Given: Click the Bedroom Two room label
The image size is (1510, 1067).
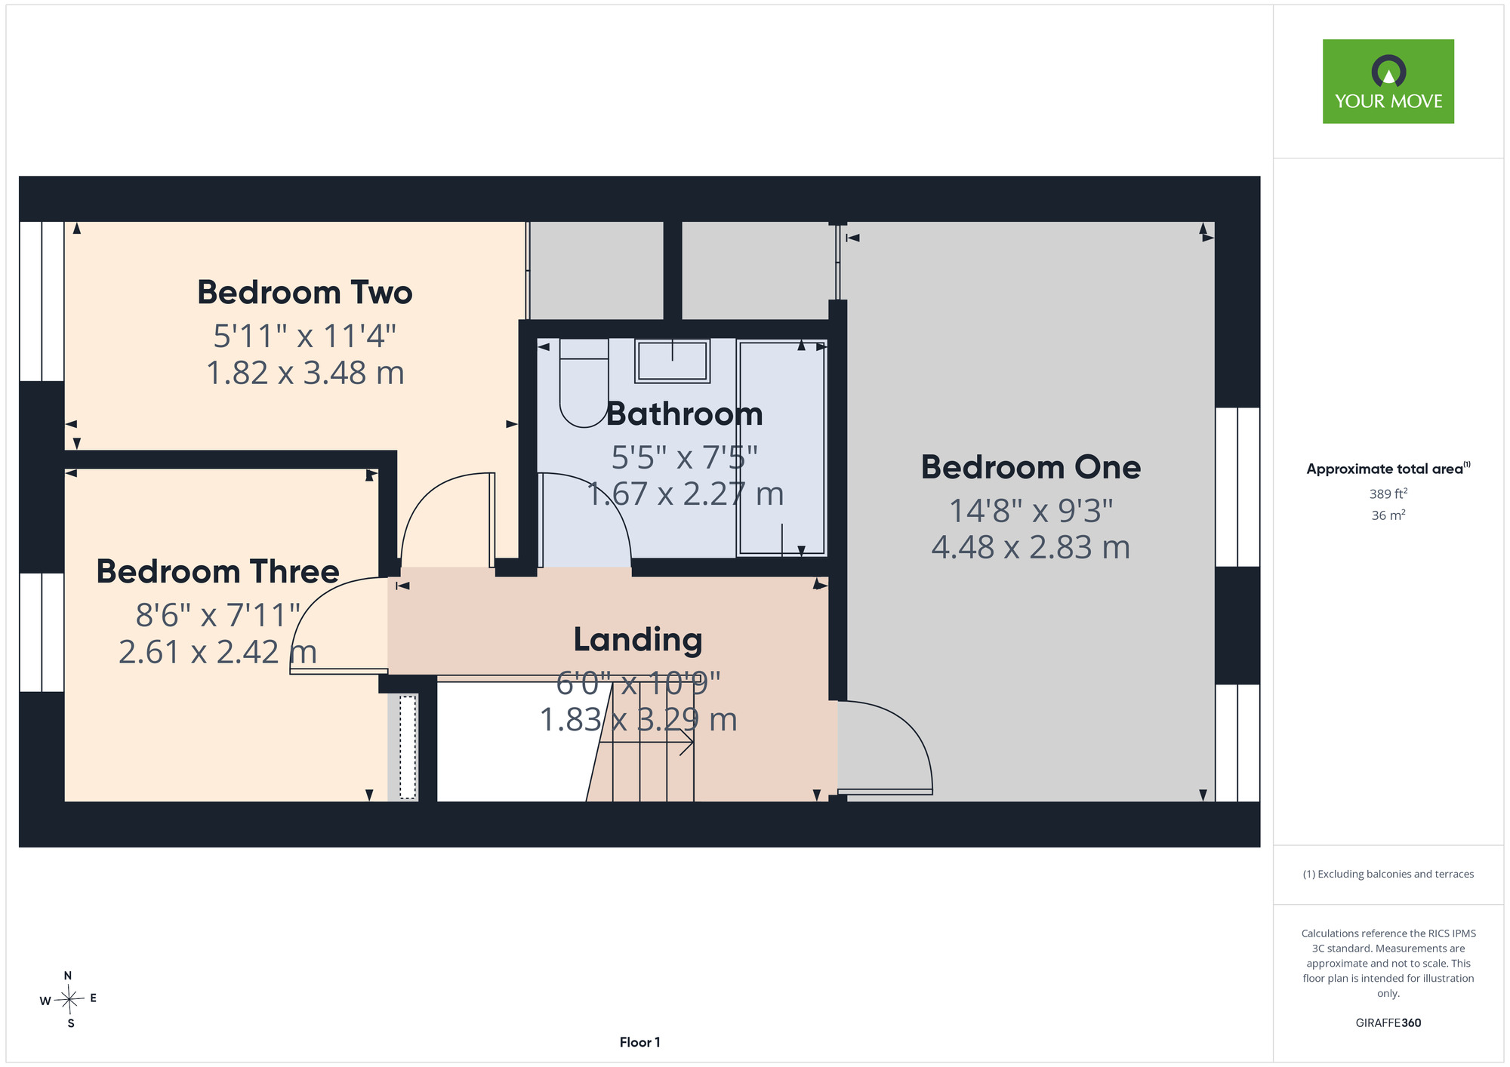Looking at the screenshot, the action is (305, 293).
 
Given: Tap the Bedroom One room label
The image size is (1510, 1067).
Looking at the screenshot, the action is (1031, 468).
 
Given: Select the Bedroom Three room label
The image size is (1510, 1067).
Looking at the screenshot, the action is (217, 571).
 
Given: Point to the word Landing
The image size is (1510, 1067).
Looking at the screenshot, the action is (638, 640).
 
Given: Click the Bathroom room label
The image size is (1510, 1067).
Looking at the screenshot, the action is (684, 414).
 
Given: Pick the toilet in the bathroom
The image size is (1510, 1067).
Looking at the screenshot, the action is (584, 383).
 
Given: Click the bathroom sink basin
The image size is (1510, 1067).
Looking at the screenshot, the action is (672, 361).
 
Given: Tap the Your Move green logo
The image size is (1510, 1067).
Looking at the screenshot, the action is (1388, 81).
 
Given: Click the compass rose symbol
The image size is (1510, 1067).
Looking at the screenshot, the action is (69, 1000).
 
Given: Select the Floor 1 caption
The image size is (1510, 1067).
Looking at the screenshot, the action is (639, 1042).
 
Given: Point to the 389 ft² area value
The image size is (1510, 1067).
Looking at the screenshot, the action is (1388, 494).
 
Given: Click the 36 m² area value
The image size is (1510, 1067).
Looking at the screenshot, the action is (1388, 515).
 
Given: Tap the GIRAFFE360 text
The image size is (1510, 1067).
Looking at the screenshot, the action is (1388, 1023).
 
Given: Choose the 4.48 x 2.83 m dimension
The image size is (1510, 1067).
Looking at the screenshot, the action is (1031, 548).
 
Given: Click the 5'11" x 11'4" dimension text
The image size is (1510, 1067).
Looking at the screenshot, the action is (304, 336).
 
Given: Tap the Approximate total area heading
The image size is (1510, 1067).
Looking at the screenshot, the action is (1388, 469).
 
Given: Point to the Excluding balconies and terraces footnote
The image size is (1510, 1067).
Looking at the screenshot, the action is (1388, 874).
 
